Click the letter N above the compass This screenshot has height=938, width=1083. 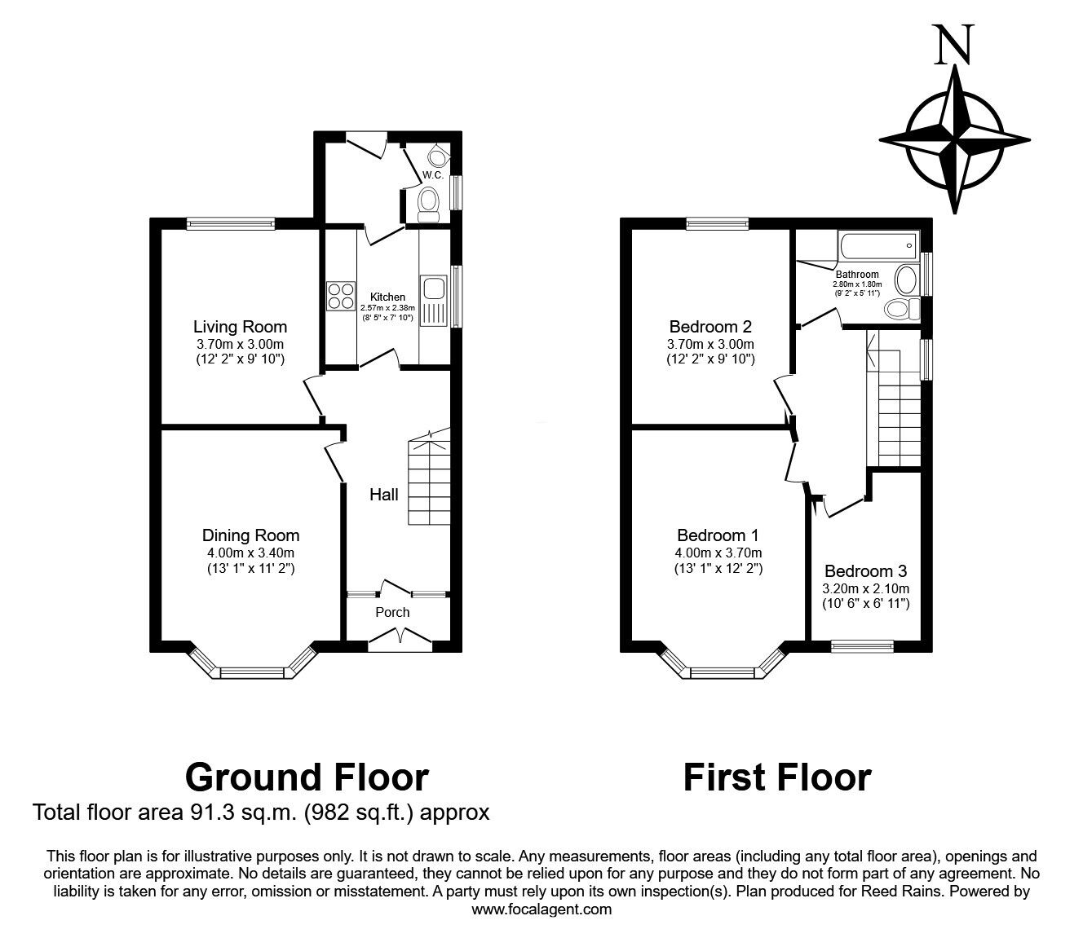point(953,45)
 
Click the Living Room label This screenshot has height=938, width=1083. point(240,327)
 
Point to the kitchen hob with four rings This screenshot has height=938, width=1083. point(340,296)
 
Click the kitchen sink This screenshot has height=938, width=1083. point(433,288)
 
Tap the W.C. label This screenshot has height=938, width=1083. point(432,175)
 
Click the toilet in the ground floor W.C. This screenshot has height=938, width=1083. point(427,203)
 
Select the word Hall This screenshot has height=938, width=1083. point(384,495)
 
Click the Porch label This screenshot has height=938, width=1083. point(392,612)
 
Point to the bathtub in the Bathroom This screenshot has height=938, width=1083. point(877,244)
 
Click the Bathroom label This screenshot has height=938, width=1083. point(856,275)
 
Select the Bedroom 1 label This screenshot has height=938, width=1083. point(718,535)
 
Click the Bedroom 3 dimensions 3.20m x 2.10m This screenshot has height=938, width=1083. point(865,588)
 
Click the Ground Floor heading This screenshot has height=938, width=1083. point(307,777)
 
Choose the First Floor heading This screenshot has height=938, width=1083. point(776,777)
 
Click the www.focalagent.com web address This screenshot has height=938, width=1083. point(541,909)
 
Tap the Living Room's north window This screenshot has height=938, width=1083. point(230,224)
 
